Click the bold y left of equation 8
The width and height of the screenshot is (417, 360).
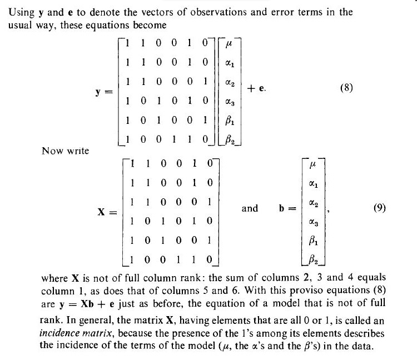pos(100,89)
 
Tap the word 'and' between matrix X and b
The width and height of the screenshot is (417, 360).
pos(250,208)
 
